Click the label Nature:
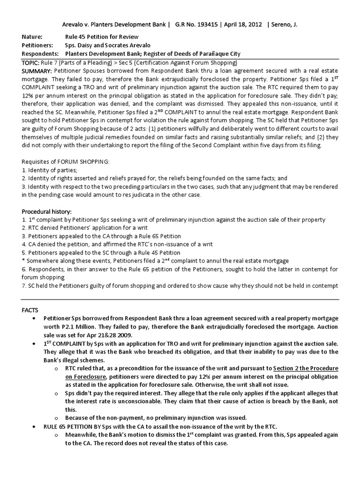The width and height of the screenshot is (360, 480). tap(32, 37)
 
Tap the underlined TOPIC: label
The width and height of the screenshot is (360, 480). tap(32, 62)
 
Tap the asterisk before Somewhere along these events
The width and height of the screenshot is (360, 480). tap(24, 261)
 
